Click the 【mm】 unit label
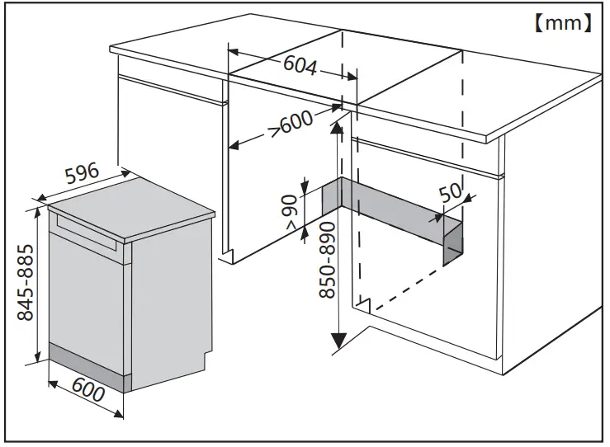(561, 23)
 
